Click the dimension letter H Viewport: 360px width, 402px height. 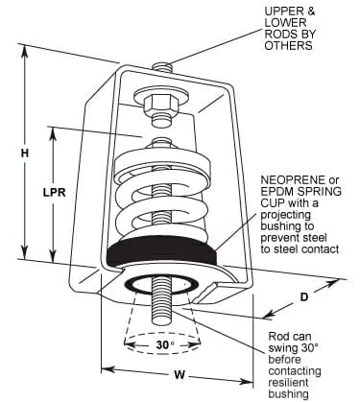tap(25, 153)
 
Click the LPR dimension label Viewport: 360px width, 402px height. tap(54, 193)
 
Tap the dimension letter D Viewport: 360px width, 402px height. tap(303, 297)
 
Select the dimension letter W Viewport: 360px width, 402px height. tap(180, 374)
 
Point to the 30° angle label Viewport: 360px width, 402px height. tap(165, 344)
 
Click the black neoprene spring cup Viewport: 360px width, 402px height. tap(162, 251)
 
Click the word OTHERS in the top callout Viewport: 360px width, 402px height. tap(288, 45)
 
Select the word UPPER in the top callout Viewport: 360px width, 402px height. tap(282, 12)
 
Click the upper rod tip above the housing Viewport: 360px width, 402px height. tap(162, 67)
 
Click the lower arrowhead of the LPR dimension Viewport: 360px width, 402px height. tap(54, 255)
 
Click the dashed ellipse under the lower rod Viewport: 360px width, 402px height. tap(162, 343)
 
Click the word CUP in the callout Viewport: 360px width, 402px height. tap(272, 202)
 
